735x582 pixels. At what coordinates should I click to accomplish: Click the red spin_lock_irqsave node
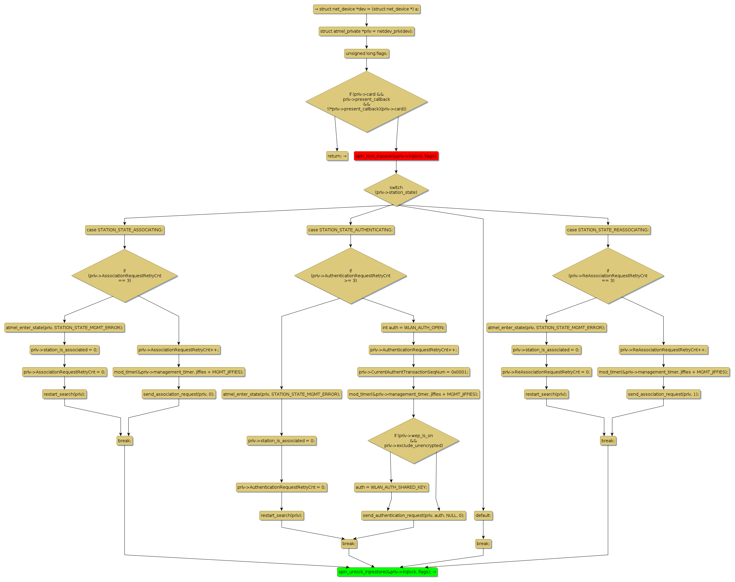click(x=396, y=156)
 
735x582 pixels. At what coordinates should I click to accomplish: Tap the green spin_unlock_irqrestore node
click(x=387, y=572)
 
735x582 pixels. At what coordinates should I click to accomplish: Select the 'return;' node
click(x=337, y=156)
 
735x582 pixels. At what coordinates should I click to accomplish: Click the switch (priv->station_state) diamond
click(x=396, y=190)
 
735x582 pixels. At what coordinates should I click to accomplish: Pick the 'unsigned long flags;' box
click(x=366, y=53)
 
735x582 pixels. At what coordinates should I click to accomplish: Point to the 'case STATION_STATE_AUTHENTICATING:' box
click(x=350, y=230)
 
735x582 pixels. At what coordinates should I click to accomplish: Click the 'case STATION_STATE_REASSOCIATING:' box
click(x=608, y=230)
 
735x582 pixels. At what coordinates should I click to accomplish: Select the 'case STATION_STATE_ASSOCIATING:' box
click(x=125, y=230)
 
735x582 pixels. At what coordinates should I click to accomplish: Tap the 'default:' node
click(x=483, y=515)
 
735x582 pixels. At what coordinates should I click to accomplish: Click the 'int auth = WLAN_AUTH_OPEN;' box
click(x=413, y=328)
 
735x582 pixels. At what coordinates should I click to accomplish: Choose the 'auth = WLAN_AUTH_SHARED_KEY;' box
click(x=391, y=487)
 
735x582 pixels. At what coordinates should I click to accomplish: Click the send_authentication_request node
click(x=413, y=515)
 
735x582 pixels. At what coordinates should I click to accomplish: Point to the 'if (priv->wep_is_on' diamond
click(x=413, y=441)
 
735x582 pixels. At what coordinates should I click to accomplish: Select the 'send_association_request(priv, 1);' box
click(x=663, y=394)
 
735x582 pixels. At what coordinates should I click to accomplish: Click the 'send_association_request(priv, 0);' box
click(x=179, y=394)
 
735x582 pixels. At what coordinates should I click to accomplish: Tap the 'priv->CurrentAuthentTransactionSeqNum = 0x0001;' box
click(x=413, y=372)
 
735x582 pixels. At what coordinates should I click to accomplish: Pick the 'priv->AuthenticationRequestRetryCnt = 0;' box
click(x=281, y=487)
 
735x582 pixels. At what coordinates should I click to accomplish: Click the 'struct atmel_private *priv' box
click(x=366, y=31)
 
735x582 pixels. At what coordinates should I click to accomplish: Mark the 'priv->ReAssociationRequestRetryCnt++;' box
click(x=663, y=350)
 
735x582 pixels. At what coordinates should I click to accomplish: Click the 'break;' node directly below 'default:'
click(x=483, y=544)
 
